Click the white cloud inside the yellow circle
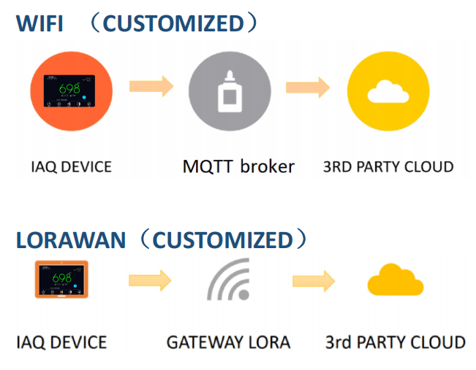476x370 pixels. (x=388, y=92)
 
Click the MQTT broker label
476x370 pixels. (x=238, y=166)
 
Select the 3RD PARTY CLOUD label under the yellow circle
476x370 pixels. (x=388, y=166)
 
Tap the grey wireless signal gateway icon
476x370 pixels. (x=228, y=281)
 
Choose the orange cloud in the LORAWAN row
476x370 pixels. (x=395, y=281)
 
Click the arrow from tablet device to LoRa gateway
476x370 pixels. (x=150, y=280)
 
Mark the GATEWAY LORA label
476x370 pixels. (x=228, y=342)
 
